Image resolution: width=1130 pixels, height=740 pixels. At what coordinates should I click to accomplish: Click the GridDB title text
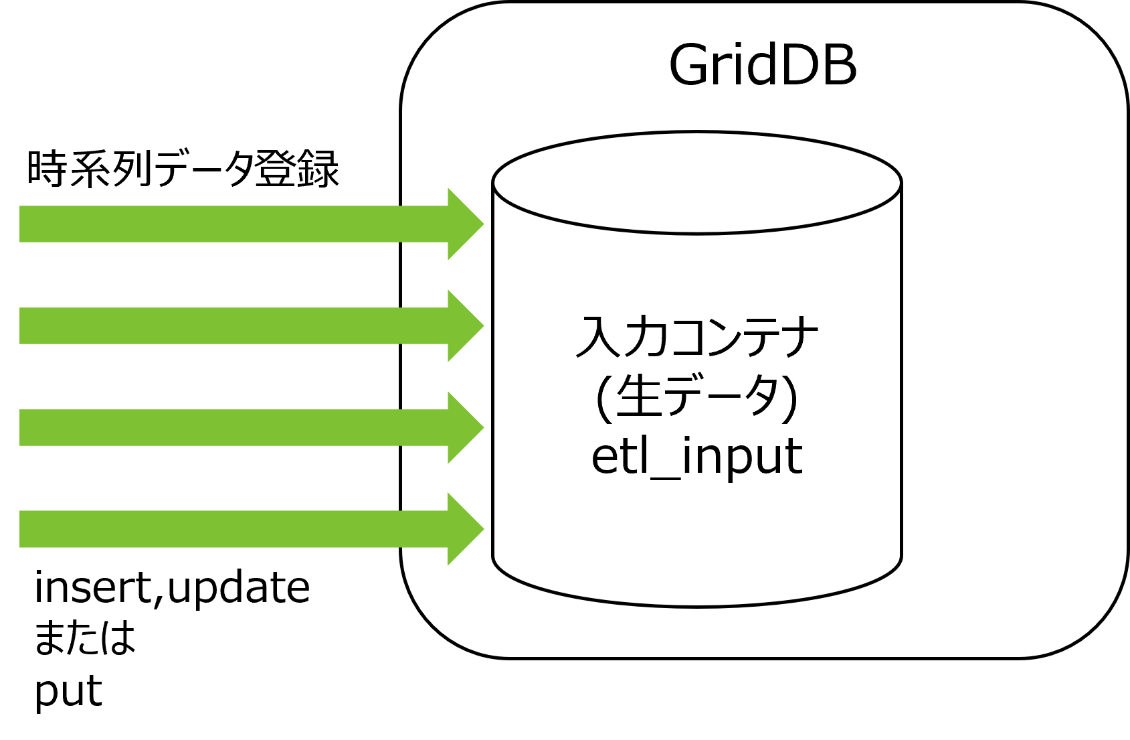(763, 66)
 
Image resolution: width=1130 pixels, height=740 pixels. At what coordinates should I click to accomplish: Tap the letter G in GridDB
(690, 66)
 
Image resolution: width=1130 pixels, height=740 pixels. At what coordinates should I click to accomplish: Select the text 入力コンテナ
(697, 337)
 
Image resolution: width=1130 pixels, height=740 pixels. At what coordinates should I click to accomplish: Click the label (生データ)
(697, 396)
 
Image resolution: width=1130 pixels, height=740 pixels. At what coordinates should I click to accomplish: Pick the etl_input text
(697, 457)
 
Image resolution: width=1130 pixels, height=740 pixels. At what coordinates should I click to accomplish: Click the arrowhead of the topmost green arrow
(465, 224)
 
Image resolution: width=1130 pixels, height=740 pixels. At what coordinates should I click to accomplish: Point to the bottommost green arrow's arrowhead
(465, 529)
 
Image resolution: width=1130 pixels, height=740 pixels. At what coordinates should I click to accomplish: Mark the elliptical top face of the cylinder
(697, 182)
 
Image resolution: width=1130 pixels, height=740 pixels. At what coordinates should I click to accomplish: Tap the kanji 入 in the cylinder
(595, 337)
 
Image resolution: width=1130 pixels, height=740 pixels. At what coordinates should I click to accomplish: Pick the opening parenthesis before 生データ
(603, 398)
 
